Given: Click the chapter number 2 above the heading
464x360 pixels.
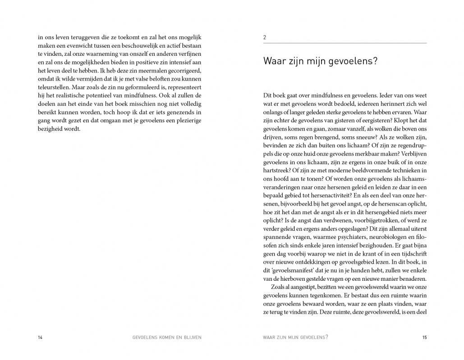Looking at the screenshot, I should tap(265, 37).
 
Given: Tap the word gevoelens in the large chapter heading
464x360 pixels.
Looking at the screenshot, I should tap(351, 62).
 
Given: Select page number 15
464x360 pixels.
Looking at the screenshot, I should tap(424, 337).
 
